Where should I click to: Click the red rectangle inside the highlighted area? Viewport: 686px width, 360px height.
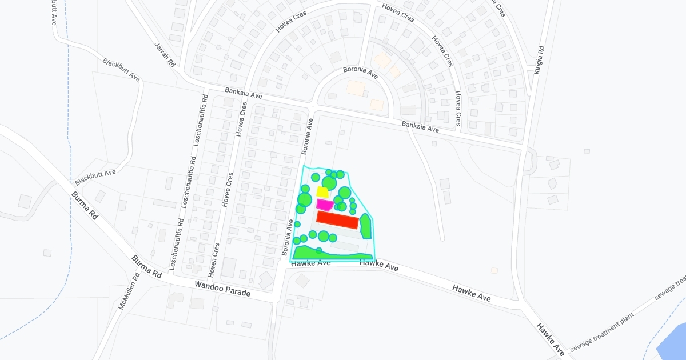pos(337,221)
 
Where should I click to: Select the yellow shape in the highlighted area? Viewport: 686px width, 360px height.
pos(322,192)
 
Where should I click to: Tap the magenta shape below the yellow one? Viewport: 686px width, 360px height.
pos(324,205)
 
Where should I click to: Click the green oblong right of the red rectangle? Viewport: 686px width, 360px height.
pos(365,227)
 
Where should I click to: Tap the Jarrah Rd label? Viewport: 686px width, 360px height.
pos(165,55)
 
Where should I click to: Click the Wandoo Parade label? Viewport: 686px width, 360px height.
pos(222,288)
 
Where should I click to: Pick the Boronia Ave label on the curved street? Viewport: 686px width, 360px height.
pos(361,73)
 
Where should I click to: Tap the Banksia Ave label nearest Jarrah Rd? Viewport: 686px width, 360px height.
pos(243,93)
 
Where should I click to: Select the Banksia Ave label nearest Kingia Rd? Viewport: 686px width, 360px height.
pos(420,127)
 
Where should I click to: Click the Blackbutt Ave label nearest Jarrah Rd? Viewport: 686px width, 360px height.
pos(121,69)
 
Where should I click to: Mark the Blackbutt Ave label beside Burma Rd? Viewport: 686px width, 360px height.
pos(95,177)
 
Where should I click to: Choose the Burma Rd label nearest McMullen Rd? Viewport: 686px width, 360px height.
pos(146,267)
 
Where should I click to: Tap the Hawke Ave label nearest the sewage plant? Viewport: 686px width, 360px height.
pos(551,338)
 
